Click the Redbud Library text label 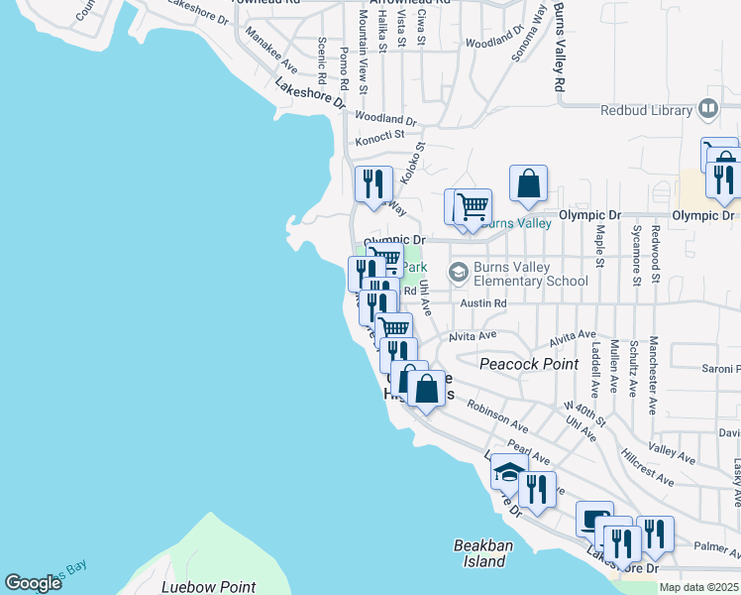pyautogui.click(x=646, y=110)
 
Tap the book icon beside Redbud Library pyautogui.click(x=708, y=109)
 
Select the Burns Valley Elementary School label pyautogui.click(x=531, y=273)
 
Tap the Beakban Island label pyautogui.click(x=480, y=553)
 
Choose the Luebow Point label pyautogui.click(x=208, y=587)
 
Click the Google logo pyautogui.click(x=33, y=583)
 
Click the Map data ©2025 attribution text pyautogui.click(x=698, y=587)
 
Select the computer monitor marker pyautogui.click(x=594, y=519)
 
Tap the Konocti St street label pyautogui.click(x=381, y=135)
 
